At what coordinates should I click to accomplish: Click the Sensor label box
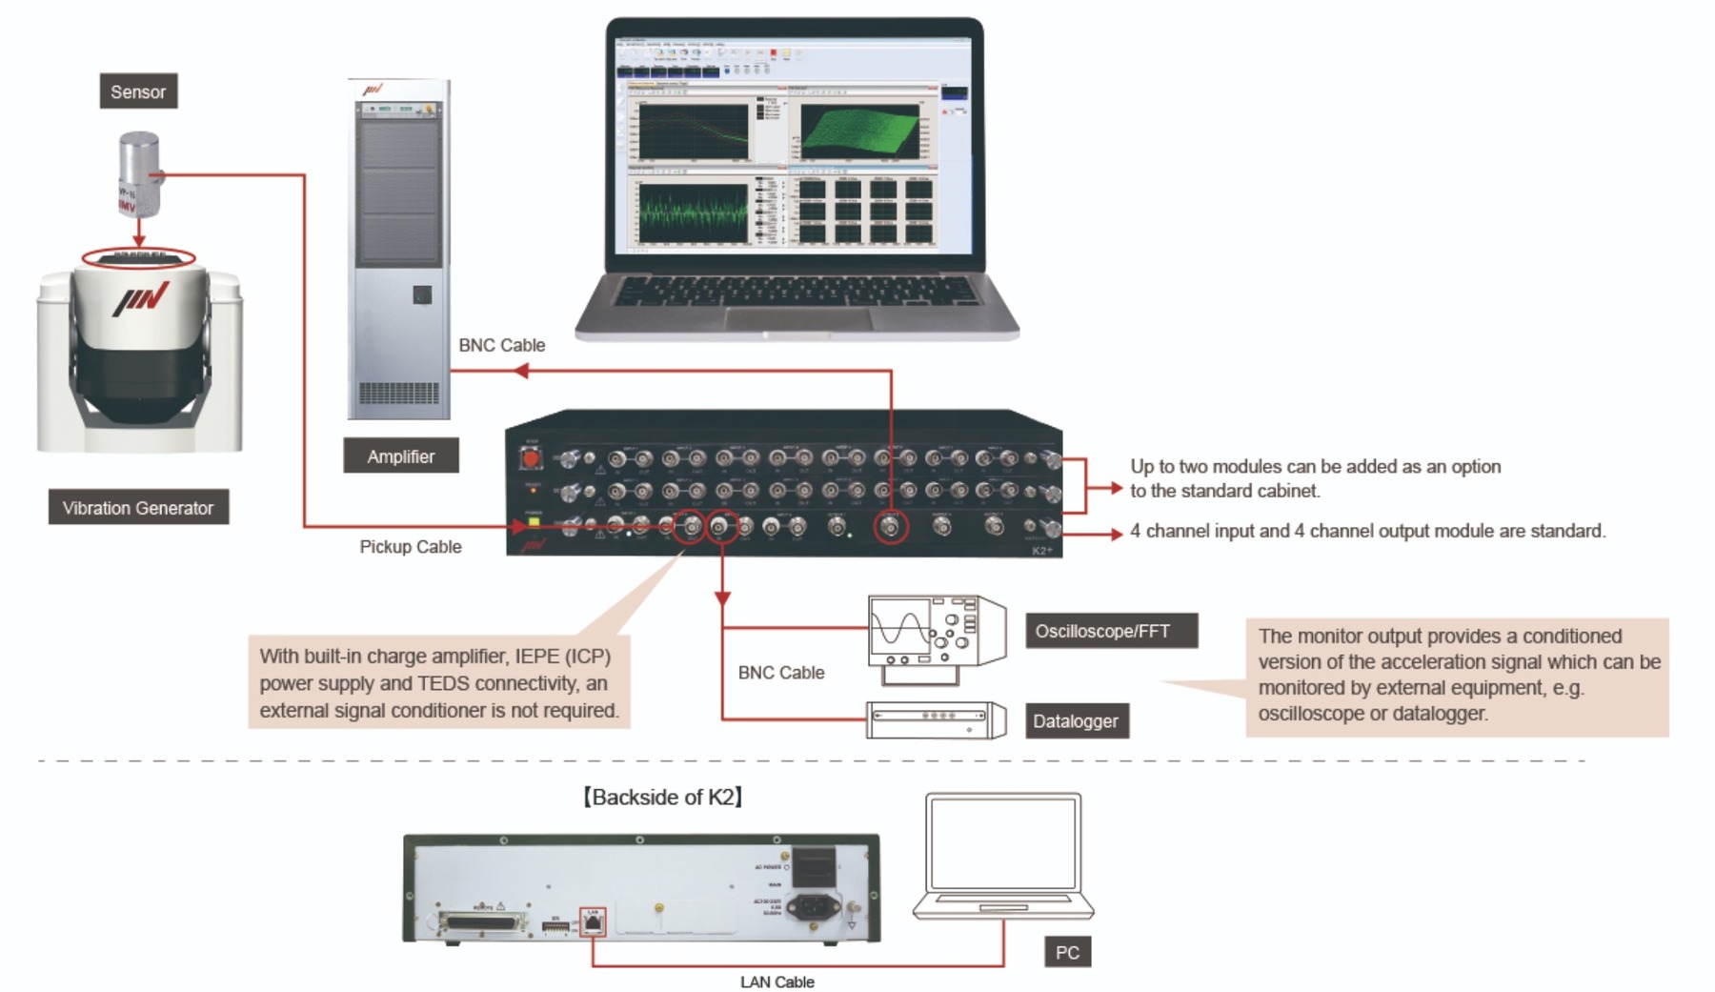[x=138, y=91]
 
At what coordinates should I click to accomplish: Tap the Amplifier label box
[x=400, y=456]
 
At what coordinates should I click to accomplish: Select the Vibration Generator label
[x=138, y=508]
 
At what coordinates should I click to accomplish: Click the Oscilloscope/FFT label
[x=1110, y=631]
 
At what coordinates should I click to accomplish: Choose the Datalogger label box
[x=1076, y=721]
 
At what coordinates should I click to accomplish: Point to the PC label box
[x=1067, y=952]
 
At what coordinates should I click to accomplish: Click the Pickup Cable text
[x=411, y=547]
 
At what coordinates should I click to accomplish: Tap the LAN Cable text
[x=777, y=982]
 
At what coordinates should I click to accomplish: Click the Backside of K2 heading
[x=663, y=797]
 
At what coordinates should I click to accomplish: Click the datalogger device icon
[x=936, y=720]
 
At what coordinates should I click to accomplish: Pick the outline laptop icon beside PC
[x=1003, y=855]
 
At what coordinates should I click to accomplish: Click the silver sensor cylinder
[x=139, y=173]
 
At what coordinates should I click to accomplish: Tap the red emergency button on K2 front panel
[x=531, y=459]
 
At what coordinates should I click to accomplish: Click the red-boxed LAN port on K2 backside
[x=593, y=921]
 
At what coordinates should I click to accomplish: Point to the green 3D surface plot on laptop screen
[x=860, y=132]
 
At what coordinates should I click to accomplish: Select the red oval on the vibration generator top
[x=139, y=257]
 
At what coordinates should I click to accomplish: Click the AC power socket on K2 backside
[x=815, y=905]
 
